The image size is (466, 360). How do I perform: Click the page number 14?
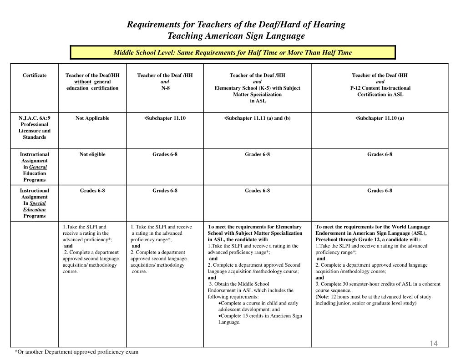[x=433, y=343]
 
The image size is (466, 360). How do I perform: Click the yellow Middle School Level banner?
[x=233, y=52]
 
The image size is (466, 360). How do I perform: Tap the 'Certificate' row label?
[x=35, y=75]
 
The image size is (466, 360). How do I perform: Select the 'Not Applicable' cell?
[x=92, y=118]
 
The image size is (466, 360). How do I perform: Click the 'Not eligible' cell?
[x=92, y=154]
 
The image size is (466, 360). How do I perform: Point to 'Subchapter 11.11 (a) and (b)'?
[x=257, y=118]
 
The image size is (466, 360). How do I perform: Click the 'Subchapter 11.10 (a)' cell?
[x=380, y=118]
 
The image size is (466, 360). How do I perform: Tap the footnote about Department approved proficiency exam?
[x=76, y=352]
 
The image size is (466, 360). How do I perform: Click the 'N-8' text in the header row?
[x=165, y=88]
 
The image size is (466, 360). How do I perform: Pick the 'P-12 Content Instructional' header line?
[x=380, y=88]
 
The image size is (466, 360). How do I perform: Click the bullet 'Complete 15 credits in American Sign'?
[x=260, y=315]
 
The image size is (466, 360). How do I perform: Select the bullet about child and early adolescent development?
[x=258, y=303]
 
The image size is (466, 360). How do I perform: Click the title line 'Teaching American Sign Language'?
[x=236, y=35]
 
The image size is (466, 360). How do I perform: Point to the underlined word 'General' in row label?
[x=38, y=167]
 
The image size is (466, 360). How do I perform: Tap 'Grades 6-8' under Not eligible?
[x=92, y=190]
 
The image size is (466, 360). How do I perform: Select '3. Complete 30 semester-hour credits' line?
[x=378, y=284]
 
